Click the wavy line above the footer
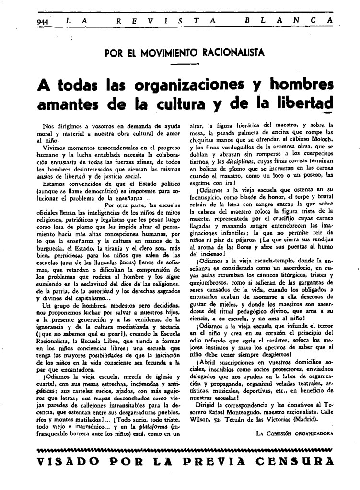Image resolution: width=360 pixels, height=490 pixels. [184, 450]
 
